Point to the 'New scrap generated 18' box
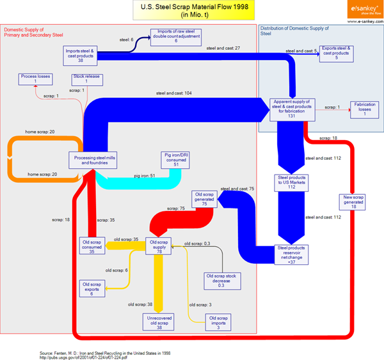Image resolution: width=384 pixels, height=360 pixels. (352, 203)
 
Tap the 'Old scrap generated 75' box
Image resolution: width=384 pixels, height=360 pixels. (205, 198)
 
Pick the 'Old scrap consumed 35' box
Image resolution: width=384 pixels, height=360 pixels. (93, 246)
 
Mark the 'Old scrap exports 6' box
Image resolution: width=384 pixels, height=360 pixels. (93, 288)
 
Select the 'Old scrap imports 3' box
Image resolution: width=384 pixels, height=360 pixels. (219, 321)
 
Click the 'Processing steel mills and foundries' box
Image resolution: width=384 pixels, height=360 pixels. (88, 160)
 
